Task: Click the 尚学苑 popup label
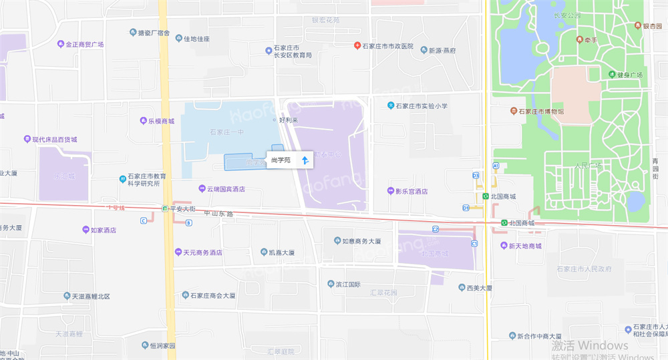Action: click(x=281, y=160)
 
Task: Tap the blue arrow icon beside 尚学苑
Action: click(x=305, y=160)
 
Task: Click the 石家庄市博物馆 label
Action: click(x=541, y=111)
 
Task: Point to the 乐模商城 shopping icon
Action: click(x=143, y=121)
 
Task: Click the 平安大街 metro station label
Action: click(x=182, y=208)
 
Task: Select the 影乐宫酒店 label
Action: click(x=411, y=191)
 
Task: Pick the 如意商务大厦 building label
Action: click(x=361, y=240)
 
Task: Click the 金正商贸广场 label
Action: click(x=84, y=45)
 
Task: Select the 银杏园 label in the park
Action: click(x=652, y=26)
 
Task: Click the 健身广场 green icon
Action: click(x=612, y=75)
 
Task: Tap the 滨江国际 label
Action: click(x=348, y=284)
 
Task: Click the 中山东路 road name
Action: click(x=218, y=214)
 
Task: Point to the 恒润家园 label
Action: click(x=162, y=345)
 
